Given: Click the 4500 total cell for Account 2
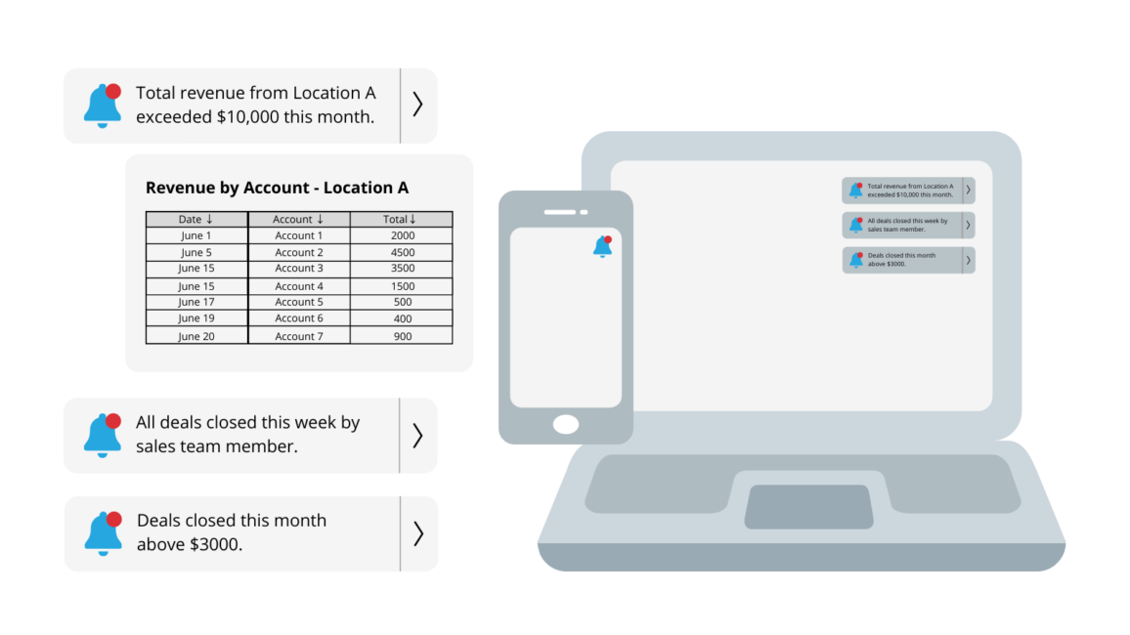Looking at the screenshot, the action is (x=402, y=252).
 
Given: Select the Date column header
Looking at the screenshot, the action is (x=196, y=219).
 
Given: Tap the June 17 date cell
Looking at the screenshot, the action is (x=196, y=302).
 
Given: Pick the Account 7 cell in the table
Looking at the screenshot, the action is (x=298, y=336).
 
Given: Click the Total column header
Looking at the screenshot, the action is (x=402, y=219).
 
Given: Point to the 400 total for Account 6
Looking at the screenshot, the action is (x=402, y=318).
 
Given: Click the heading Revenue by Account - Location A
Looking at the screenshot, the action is (x=277, y=188).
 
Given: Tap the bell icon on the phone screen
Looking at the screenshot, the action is (x=602, y=246).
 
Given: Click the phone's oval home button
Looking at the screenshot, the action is (x=566, y=425).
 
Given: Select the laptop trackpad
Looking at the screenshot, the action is (x=808, y=507).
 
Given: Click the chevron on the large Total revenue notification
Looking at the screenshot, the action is (x=418, y=105).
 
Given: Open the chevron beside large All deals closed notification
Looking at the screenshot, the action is (x=418, y=436).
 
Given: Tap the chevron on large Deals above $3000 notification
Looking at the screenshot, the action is (x=418, y=533).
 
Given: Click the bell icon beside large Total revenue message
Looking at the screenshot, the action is (x=103, y=106).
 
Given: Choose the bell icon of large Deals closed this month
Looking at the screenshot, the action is (x=104, y=533).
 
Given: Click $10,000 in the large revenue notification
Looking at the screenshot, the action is (x=248, y=116).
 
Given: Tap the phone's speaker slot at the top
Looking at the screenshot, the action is (x=560, y=212).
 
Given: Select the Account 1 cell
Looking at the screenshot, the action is (x=298, y=235).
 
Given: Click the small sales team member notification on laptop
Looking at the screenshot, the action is (x=908, y=226).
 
